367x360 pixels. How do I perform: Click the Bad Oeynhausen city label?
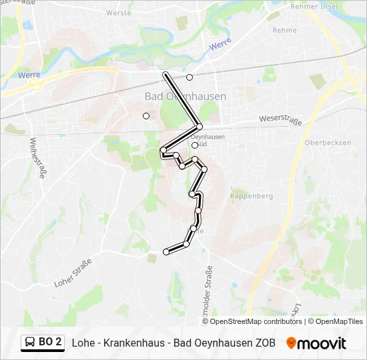[x=186, y=96]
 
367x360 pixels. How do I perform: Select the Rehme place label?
[x=285, y=30]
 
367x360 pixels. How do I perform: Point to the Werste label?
[x=118, y=13]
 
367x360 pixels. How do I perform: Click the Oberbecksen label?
[x=323, y=143]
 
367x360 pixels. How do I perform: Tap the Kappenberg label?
[x=252, y=196]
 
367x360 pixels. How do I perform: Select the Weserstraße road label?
[x=281, y=120]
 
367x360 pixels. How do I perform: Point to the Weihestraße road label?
[x=37, y=158]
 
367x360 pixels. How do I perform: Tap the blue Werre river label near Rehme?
[x=220, y=45]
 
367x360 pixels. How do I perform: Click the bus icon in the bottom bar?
[x=31, y=342]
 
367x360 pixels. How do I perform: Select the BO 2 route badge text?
[x=50, y=342]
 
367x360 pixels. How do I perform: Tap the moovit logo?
[x=316, y=343]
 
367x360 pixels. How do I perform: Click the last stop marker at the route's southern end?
[x=166, y=252]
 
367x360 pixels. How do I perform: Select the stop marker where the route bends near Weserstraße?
[x=200, y=126]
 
